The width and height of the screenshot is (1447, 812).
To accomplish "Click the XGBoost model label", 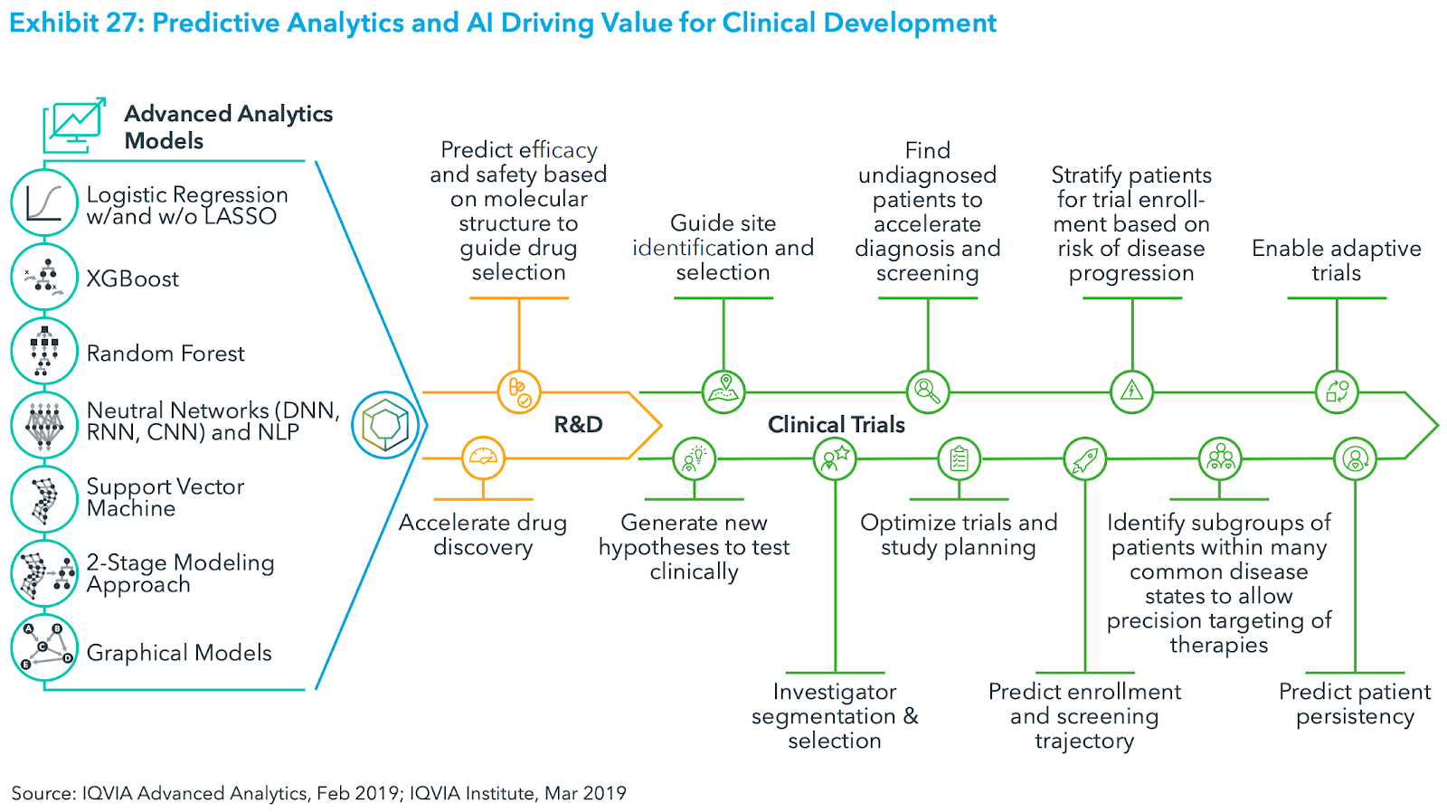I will coord(132,279).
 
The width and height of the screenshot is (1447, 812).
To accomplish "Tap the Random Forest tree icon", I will coord(44,352).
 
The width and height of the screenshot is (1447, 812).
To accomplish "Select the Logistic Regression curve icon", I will coord(44,203).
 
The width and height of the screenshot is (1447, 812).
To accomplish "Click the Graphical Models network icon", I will coord(44,647).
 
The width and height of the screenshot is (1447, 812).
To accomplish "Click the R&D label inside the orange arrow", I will coord(578,424).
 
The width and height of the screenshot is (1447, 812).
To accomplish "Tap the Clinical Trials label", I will coord(836,424).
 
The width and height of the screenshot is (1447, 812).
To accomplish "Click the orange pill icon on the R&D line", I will coord(519,392).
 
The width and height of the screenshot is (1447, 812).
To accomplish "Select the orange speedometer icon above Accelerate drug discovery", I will coord(483,458).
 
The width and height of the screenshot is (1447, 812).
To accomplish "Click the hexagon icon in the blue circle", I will coord(386,425).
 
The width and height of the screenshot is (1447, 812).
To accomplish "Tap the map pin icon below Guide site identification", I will coord(723,392).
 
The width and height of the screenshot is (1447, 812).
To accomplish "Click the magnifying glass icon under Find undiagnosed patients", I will coord(928,392).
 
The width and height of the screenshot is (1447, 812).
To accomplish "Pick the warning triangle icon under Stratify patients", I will coord(1131,392).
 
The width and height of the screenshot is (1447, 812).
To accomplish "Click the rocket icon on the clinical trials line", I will coord(1084,459).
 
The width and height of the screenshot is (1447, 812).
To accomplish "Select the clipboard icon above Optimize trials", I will coord(959,459).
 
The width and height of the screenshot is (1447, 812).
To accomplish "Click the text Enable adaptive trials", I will coord(1336,260).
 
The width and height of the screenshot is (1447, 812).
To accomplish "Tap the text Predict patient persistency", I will coord(1354,703).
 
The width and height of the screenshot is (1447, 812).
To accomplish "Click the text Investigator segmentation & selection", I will coord(834,715).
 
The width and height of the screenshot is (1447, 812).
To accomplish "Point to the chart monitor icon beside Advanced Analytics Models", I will coord(74,125).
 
